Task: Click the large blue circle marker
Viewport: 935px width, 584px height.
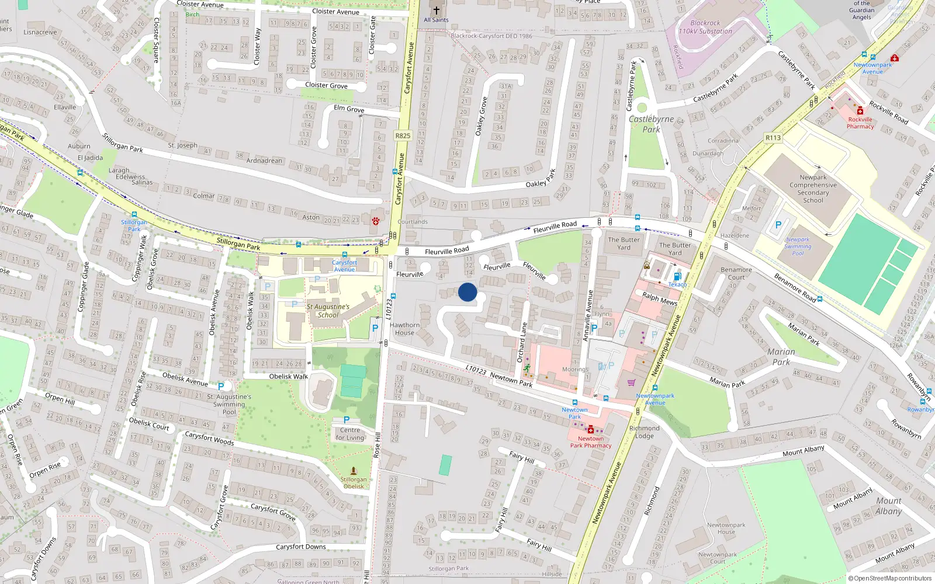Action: point(467,292)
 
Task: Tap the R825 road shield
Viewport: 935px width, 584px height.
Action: point(403,135)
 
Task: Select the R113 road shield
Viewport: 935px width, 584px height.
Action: point(773,138)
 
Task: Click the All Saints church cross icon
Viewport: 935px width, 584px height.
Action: point(436,10)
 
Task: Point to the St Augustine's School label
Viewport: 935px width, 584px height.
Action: point(328,311)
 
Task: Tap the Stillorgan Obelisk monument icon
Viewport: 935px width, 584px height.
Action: point(354,470)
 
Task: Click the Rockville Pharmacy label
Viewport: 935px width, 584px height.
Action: point(860,123)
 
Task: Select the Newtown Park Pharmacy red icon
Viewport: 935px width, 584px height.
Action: point(591,429)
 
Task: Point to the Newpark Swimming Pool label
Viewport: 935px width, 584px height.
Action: point(798,246)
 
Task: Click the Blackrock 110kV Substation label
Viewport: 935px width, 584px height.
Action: point(705,27)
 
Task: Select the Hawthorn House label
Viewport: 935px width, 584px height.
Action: point(404,329)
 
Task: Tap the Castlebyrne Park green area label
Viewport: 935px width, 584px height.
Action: point(651,124)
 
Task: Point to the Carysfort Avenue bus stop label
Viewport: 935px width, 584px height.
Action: point(344,266)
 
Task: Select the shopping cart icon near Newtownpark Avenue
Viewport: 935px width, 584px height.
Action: point(631,383)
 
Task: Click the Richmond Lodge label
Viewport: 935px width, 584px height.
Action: point(644,432)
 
